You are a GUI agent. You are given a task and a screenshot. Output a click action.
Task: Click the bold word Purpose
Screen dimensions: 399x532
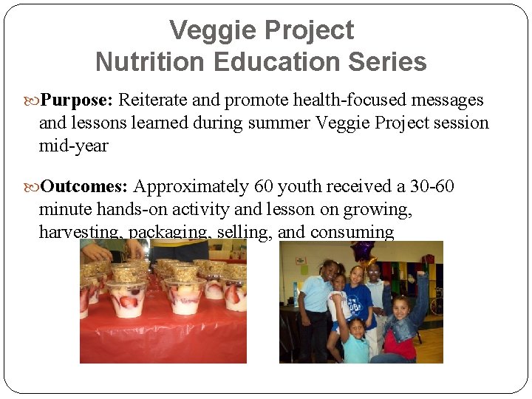[76, 100]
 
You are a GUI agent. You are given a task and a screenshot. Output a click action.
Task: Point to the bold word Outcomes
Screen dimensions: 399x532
[84, 186]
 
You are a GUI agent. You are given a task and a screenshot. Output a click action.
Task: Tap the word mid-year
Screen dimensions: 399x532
[73, 146]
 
